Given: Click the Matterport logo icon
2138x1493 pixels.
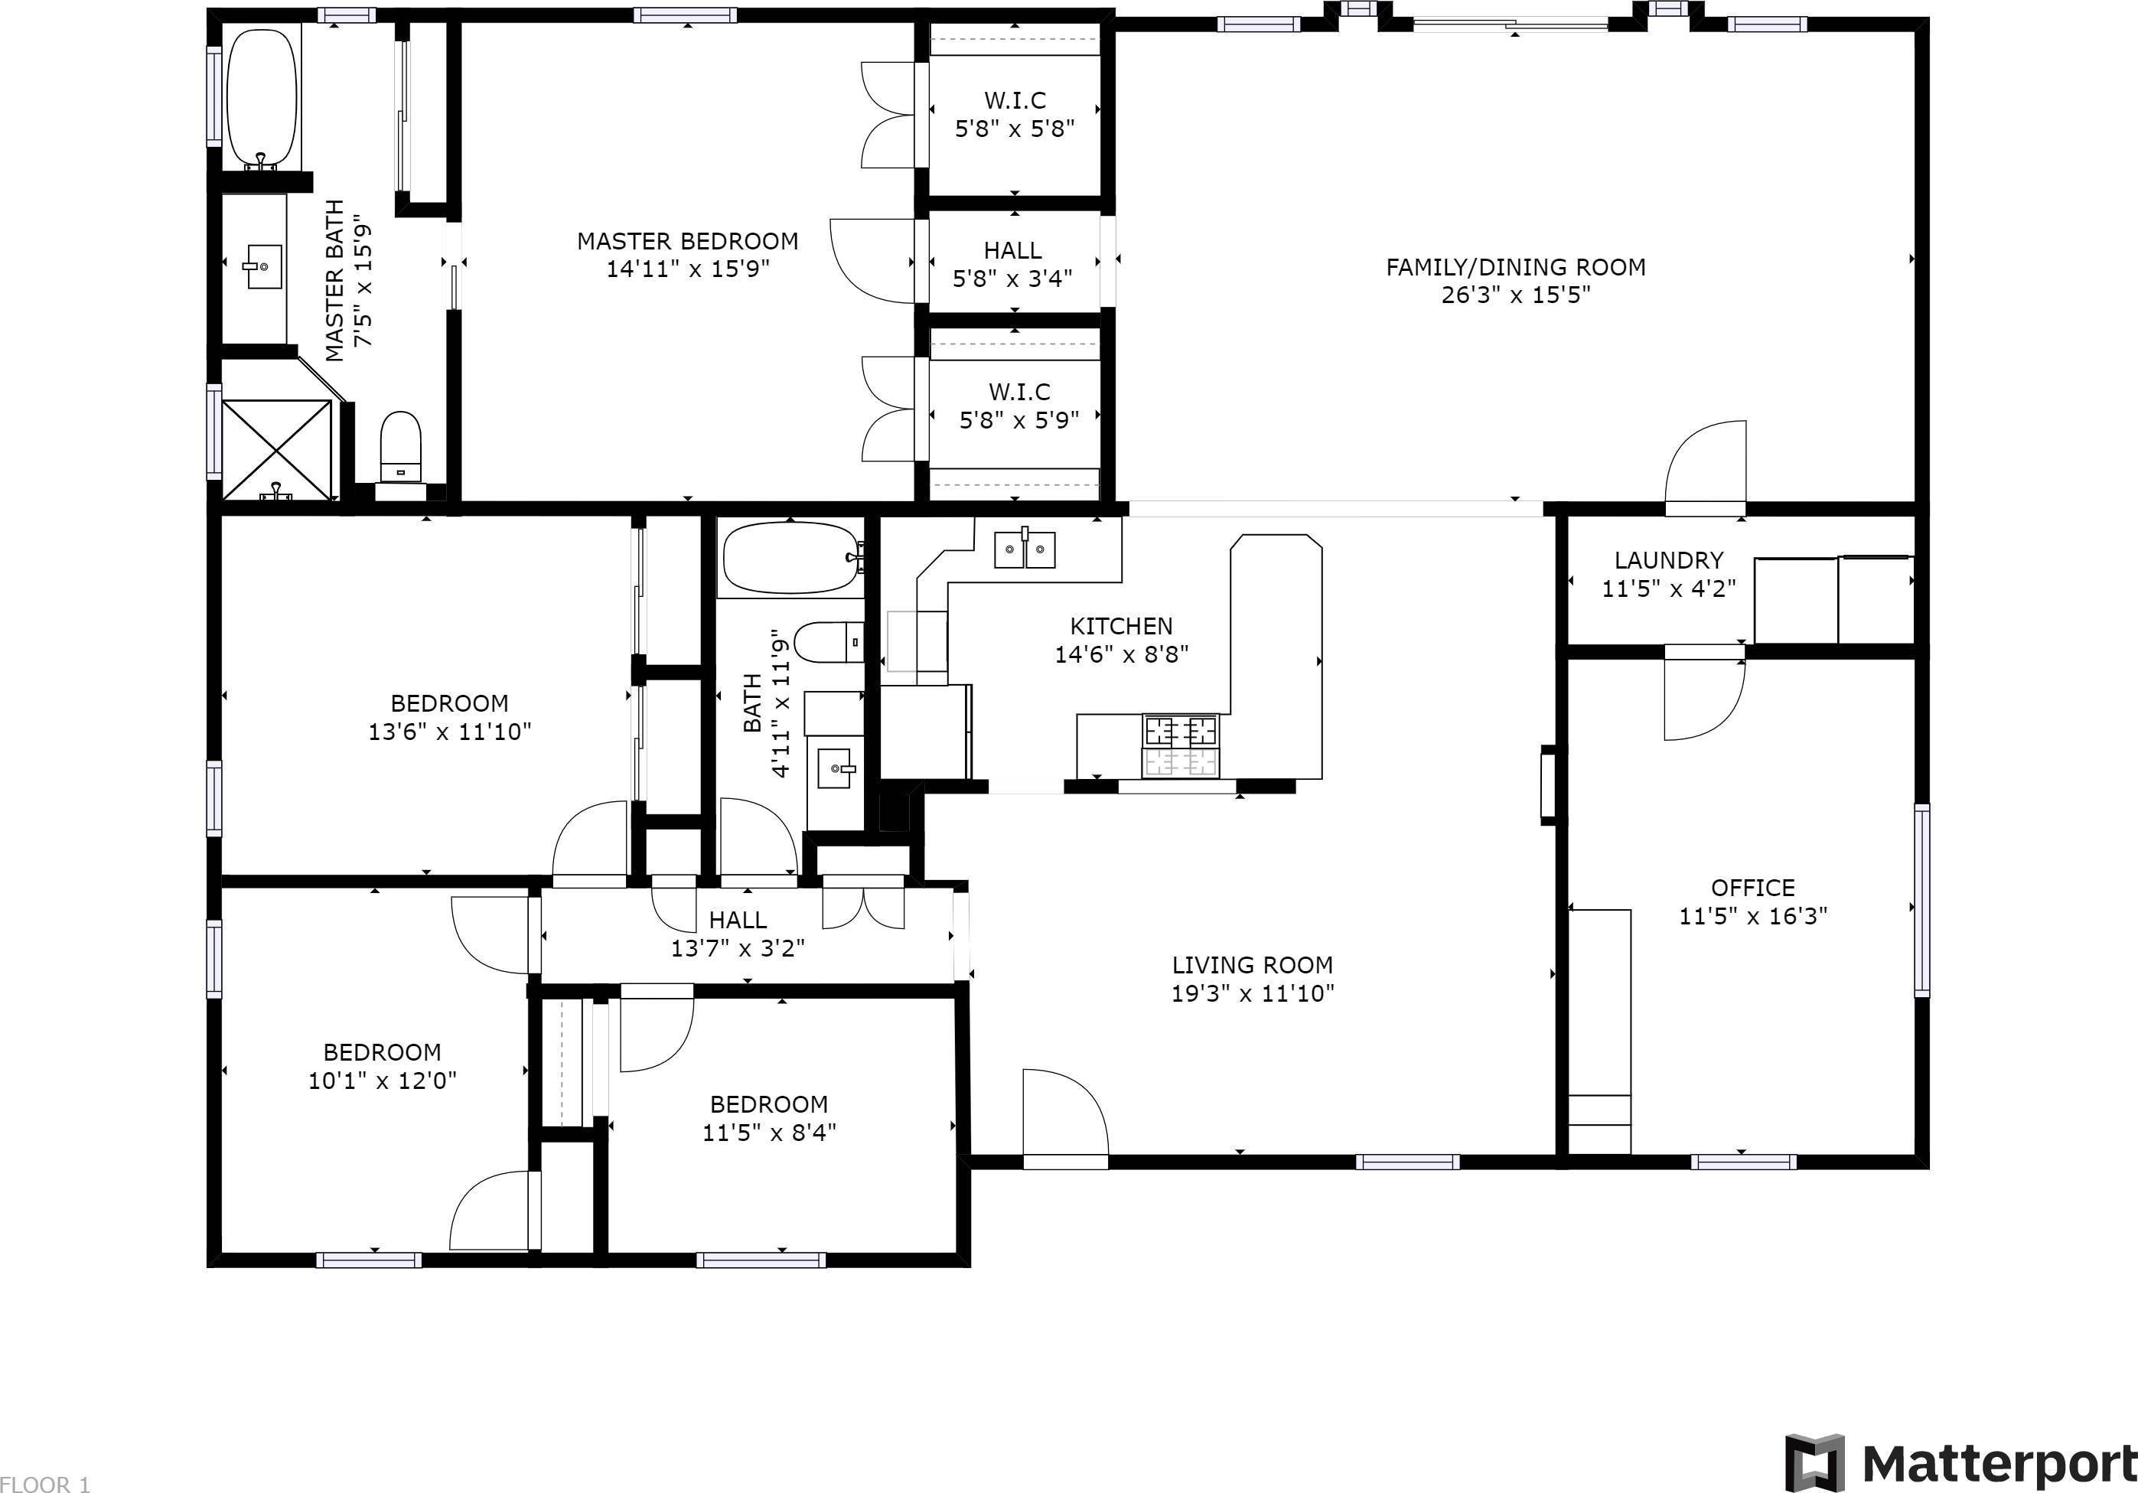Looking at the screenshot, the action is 1815,1463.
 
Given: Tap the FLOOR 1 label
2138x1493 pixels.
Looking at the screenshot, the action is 44,1485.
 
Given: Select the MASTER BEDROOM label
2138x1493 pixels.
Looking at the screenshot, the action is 687,241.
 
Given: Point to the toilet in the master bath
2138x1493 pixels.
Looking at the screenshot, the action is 400,448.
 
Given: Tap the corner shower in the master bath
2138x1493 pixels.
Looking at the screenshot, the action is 276,451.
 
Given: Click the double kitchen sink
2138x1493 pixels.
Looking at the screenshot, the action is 1025,549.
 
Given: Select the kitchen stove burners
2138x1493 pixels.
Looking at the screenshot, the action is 1181,745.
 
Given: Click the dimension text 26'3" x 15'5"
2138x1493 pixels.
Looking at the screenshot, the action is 1516,295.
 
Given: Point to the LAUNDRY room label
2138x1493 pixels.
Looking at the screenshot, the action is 1669,559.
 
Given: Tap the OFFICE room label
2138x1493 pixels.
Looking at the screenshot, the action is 1752,888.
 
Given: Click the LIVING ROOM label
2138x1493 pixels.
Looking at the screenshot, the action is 1253,965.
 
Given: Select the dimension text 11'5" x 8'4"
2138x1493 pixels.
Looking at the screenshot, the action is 769,1133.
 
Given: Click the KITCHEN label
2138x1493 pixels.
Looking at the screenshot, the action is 1121,626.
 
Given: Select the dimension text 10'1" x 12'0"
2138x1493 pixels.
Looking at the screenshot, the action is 383,1081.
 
